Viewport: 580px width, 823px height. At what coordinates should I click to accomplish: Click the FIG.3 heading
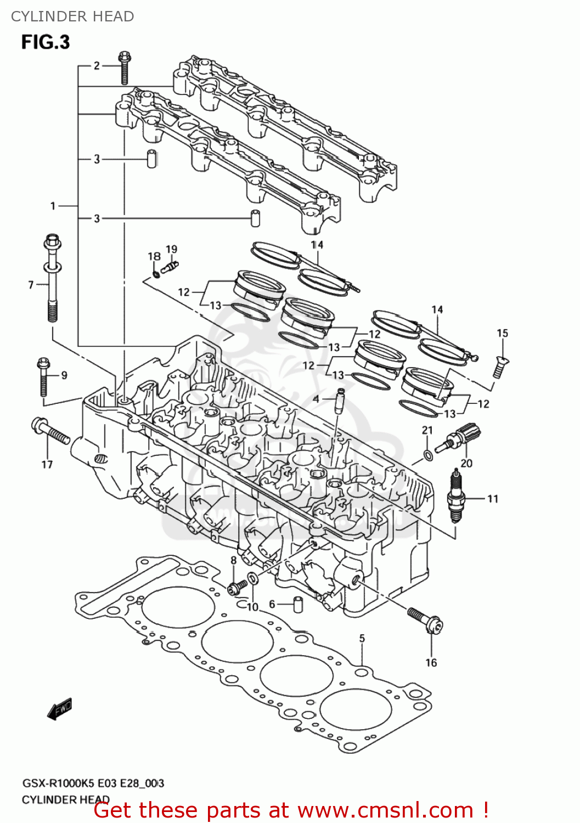point(46,42)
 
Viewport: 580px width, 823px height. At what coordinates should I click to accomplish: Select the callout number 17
point(47,465)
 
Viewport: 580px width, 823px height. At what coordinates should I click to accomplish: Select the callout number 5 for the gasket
point(362,638)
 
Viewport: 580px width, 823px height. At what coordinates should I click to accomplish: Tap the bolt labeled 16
point(425,619)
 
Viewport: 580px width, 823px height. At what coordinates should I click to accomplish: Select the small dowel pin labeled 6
point(298,604)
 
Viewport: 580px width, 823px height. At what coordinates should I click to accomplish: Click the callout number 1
point(53,206)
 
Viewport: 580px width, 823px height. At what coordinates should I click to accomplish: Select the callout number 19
point(172,249)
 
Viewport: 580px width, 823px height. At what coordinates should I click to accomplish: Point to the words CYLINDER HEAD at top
point(72,16)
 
